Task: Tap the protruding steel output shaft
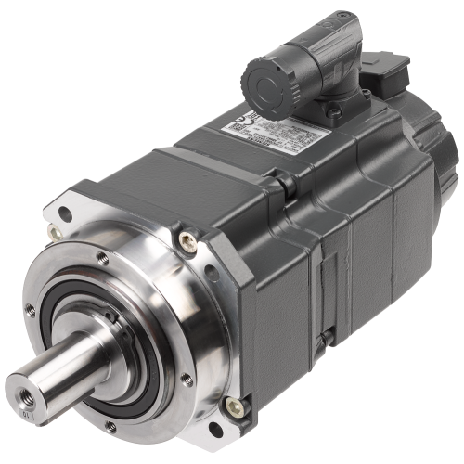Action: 56,371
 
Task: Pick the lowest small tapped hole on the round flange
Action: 111,426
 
